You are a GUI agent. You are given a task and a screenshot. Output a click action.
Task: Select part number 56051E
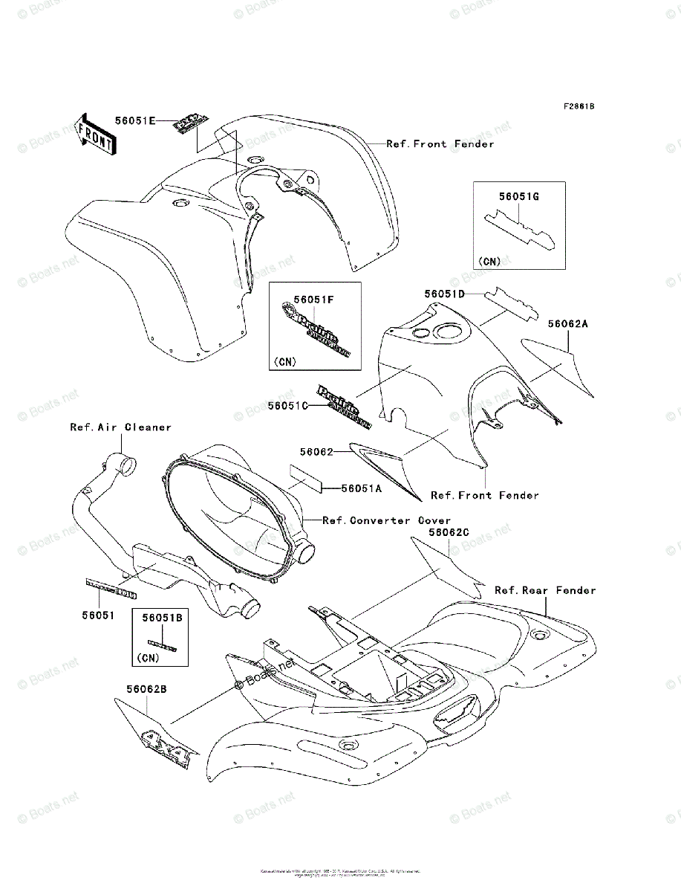coord(134,120)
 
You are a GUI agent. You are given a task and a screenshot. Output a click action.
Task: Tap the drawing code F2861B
coord(578,106)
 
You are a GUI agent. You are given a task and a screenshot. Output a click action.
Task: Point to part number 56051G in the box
coord(519,197)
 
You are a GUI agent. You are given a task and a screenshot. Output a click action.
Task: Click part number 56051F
coord(313,299)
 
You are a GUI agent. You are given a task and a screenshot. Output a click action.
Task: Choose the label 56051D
coord(445,294)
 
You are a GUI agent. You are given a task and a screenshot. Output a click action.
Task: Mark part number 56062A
coord(569,324)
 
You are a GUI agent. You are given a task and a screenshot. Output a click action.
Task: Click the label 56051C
coord(288,405)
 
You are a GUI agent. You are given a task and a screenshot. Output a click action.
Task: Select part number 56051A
coord(361,488)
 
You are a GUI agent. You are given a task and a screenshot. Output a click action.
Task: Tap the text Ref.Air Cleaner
coord(120,427)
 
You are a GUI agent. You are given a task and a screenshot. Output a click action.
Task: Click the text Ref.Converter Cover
coord(386,520)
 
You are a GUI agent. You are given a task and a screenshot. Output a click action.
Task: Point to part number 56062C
coord(449,533)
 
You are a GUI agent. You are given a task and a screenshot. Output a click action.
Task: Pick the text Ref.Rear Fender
coord(545,590)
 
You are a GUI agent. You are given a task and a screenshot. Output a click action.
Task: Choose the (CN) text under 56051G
coord(490,261)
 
